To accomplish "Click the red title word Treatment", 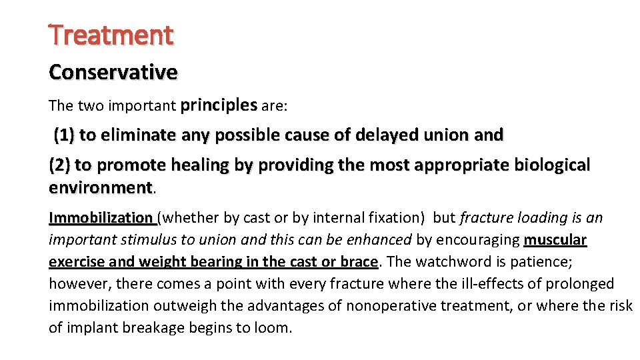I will click(x=111, y=35).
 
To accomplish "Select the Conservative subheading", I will click(x=113, y=72).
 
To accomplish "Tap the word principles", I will click(x=219, y=105).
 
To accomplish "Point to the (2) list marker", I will click(x=59, y=165).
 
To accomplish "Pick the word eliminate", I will click(x=133, y=136).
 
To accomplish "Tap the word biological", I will click(x=547, y=165).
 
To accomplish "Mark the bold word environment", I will click(x=101, y=187).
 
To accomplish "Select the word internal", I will click(x=312, y=218).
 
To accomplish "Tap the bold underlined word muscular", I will click(x=555, y=239).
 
